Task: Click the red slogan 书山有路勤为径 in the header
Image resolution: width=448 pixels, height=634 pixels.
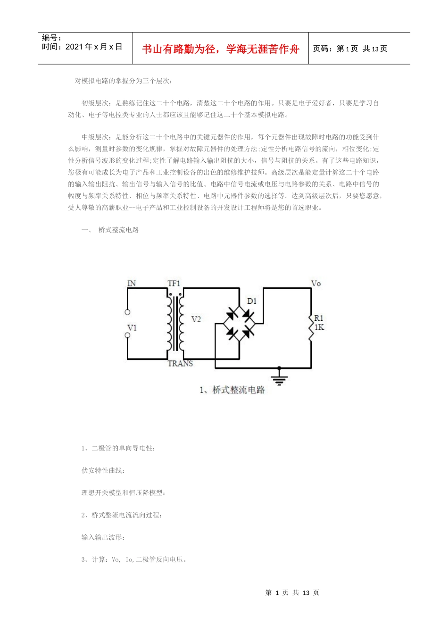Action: pyautogui.click(x=220, y=49)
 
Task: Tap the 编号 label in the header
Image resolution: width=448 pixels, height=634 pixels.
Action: pyautogui.click(x=51, y=38)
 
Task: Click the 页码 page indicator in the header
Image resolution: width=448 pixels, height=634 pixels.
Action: pyautogui.click(x=350, y=49)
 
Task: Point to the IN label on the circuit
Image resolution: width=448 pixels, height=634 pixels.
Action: pyautogui.click(x=132, y=284)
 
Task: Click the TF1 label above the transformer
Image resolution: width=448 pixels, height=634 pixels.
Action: pyautogui.click(x=174, y=284)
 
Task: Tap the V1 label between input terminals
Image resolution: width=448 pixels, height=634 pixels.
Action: pyautogui.click(x=132, y=327)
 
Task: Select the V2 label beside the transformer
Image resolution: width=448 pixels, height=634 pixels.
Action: pyautogui.click(x=196, y=319)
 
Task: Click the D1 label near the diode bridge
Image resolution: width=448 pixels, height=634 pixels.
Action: pyautogui.click(x=252, y=301)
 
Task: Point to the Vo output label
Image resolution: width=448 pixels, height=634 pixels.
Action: pyautogui.click(x=316, y=284)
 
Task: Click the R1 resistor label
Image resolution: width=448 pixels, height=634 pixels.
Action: pyautogui.click(x=319, y=318)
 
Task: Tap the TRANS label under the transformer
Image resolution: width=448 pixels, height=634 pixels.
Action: pyautogui.click(x=180, y=363)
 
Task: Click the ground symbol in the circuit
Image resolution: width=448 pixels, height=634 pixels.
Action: pyautogui.click(x=280, y=378)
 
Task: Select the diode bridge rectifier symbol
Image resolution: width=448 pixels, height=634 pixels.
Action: pyautogui.click(x=239, y=324)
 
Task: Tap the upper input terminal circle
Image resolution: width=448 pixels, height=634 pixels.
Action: pyautogui.click(x=127, y=312)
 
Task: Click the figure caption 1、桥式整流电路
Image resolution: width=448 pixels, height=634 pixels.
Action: pyautogui.click(x=232, y=390)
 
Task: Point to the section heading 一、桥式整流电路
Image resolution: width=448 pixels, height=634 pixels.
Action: pyautogui.click(x=110, y=230)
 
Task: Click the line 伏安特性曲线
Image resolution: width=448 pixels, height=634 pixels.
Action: pyautogui.click(x=103, y=470)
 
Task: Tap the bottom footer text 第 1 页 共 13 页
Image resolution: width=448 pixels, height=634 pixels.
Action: pyautogui.click(x=292, y=592)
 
